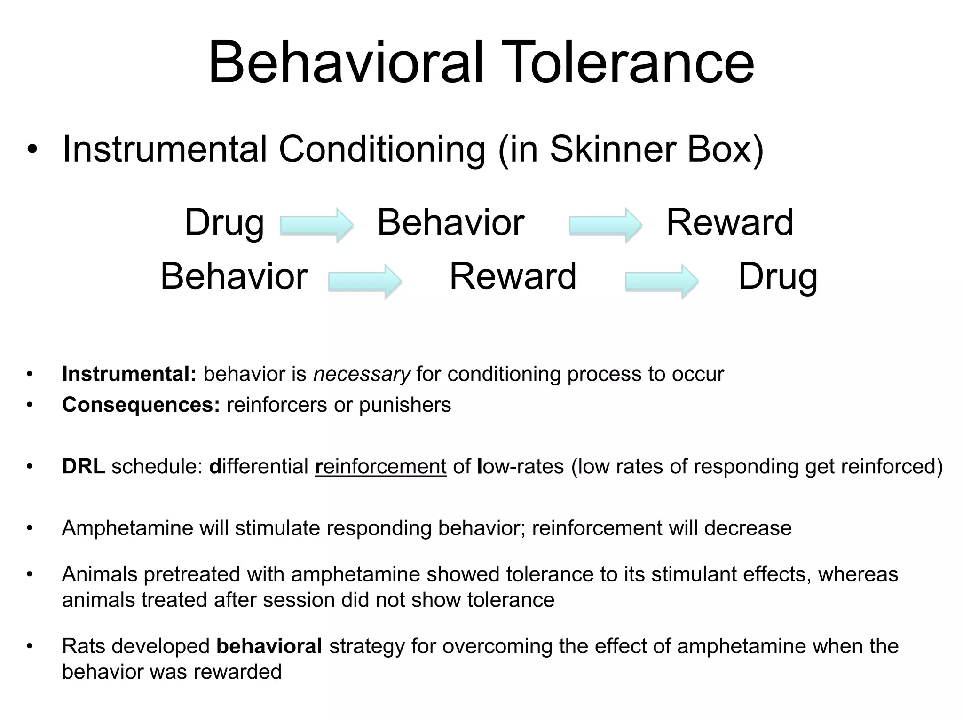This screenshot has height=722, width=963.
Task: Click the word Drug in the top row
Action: coord(224,223)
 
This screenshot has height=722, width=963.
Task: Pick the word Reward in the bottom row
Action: coord(513,276)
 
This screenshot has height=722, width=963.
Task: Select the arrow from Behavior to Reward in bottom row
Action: coord(364,281)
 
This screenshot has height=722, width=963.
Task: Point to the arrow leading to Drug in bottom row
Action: coord(661,281)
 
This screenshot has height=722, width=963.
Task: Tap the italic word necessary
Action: coord(362,375)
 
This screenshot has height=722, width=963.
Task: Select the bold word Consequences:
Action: coord(141,405)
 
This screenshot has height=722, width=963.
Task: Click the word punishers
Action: coord(405,405)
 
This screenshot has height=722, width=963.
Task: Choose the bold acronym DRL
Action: coord(83,466)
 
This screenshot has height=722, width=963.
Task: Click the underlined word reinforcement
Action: coord(380,467)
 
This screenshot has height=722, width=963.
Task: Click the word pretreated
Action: coord(192,574)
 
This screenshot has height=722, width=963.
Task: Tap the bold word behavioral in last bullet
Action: coord(269,646)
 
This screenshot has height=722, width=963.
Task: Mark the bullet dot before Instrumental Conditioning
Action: coord(32,150)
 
